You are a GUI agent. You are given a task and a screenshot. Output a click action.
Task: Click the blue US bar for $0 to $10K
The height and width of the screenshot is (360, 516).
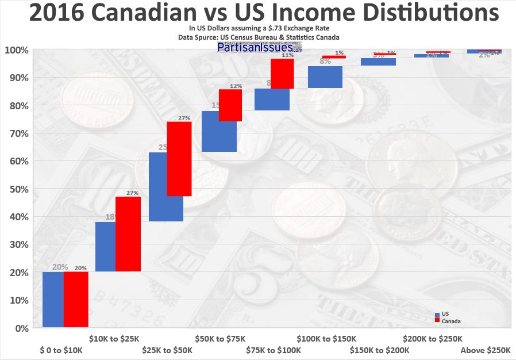(x=53, y=299)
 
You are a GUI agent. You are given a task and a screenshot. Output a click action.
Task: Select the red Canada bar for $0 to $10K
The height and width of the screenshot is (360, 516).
(x=76, y=299)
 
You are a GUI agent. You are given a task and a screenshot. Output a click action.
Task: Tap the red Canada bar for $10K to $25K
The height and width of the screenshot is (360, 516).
(x=128, y=234)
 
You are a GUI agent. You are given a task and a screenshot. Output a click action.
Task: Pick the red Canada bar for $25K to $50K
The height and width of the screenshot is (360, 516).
(x=179, y=159)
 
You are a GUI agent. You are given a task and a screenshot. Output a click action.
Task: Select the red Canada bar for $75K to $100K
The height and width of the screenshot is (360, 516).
(x=282, y=74)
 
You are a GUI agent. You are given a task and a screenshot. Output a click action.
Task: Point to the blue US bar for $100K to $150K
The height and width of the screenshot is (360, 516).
(x=325, y=76)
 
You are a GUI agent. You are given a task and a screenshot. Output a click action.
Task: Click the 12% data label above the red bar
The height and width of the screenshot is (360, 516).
(x=236, y=86)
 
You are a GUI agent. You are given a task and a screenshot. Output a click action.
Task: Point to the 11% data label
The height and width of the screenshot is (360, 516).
(x=288, y=55)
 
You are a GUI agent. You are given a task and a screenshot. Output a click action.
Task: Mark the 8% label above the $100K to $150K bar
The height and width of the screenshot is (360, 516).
(x=325, y=62)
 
